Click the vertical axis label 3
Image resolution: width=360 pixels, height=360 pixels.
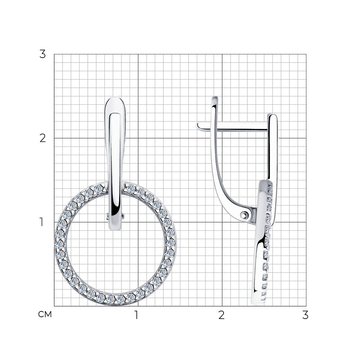[x=42, y=54]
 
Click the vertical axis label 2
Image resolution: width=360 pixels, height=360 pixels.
[x=43, y=138]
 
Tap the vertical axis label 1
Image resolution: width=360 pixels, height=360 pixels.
[x=41, y=222]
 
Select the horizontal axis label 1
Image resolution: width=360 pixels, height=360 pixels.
[x=136, y=315]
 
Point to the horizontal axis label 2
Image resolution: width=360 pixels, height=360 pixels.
[x=221, y=315]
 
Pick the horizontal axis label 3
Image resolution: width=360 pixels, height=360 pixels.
[x=305, y=315]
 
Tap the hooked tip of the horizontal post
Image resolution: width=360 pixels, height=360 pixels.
[x=198, y=126]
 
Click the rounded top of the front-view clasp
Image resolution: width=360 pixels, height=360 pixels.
[x=115, y=99]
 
